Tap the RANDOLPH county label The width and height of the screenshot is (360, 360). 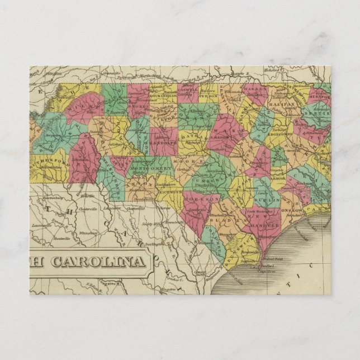(x=164, y=142)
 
